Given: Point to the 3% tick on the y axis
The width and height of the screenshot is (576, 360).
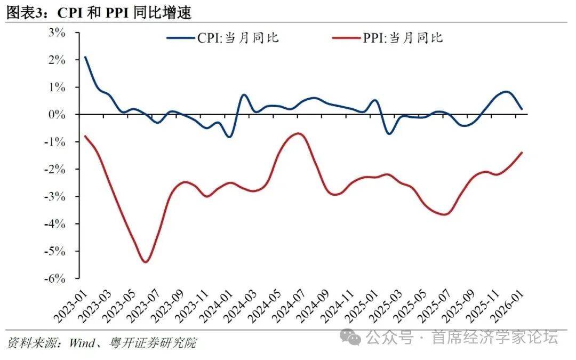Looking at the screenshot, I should (57, 32).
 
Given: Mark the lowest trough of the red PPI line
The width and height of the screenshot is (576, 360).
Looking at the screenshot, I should (146, 262).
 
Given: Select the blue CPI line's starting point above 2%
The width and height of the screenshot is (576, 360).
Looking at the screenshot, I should (85, 57).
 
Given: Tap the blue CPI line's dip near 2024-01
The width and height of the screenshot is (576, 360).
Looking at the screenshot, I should (229, 137).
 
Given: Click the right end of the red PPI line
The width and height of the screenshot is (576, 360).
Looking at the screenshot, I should (522, 153).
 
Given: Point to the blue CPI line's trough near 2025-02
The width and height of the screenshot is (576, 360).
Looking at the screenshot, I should (389, 133).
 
